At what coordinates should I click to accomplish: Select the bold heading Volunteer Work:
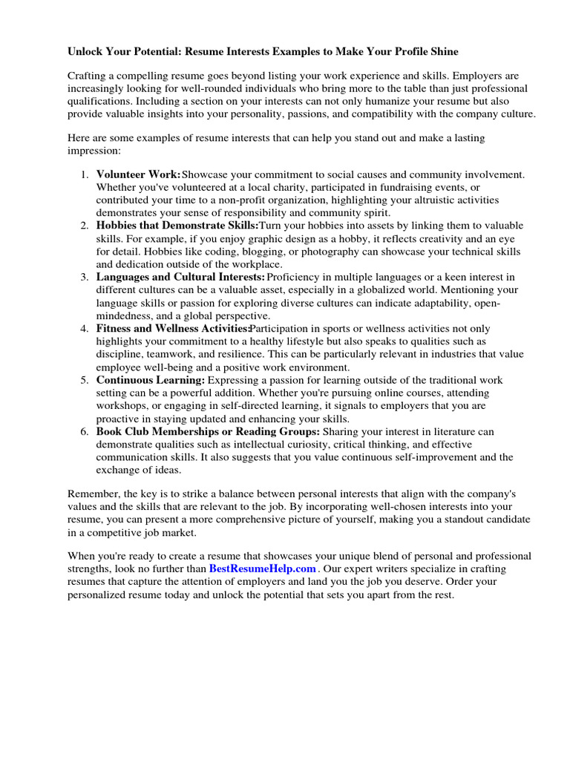pyautogui.click(x=138, y=174)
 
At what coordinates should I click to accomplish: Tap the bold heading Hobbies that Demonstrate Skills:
pyautogui.click(x=177, y=226)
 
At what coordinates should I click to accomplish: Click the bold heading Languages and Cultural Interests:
pyautogui.click(x=180, y=277)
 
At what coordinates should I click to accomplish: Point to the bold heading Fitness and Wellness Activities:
pyautogui.click(x=173, y=328)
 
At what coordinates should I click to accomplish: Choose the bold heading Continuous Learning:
pyautogui.click(x=150, y=380)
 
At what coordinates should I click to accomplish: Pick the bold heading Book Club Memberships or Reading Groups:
pyautogui.click(x=208, y=431)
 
